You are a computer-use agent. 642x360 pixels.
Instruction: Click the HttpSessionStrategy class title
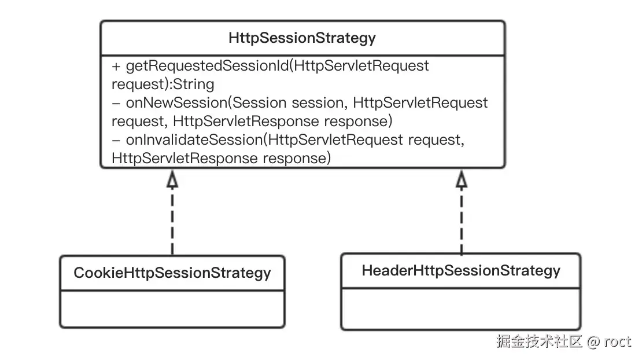(302, 38)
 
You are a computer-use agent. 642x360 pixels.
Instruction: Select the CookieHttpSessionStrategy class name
(172, 273)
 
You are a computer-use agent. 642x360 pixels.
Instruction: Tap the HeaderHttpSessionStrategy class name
(461, 271)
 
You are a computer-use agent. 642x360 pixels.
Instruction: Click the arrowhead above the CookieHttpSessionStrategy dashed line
(172, 179)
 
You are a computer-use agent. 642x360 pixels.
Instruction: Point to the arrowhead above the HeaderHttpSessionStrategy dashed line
(462, 179)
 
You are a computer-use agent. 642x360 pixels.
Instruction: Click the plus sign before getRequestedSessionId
(116, 67)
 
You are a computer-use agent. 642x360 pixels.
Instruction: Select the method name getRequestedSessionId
(207, 66)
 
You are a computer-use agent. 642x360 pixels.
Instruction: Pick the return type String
(194, 85)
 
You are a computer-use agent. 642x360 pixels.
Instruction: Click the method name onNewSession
(176, 103)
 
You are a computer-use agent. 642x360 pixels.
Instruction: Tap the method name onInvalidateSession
(194, 140)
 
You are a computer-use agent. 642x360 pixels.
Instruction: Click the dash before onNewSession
(116, 103)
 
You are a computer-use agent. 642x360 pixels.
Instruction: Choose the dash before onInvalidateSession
(116, 141)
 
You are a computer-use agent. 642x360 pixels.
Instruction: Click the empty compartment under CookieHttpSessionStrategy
(172, 309)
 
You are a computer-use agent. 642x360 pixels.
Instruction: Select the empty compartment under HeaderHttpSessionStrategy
(461, 308)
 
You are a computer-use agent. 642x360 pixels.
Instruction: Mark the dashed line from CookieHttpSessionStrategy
(172, 222)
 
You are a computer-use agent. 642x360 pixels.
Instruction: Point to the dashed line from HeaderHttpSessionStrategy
(462, 221)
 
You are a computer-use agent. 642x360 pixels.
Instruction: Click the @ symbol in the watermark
(593, 341)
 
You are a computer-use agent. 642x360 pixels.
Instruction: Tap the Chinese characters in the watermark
(539, 341)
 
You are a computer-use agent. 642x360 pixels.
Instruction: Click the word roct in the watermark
(618, 341)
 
